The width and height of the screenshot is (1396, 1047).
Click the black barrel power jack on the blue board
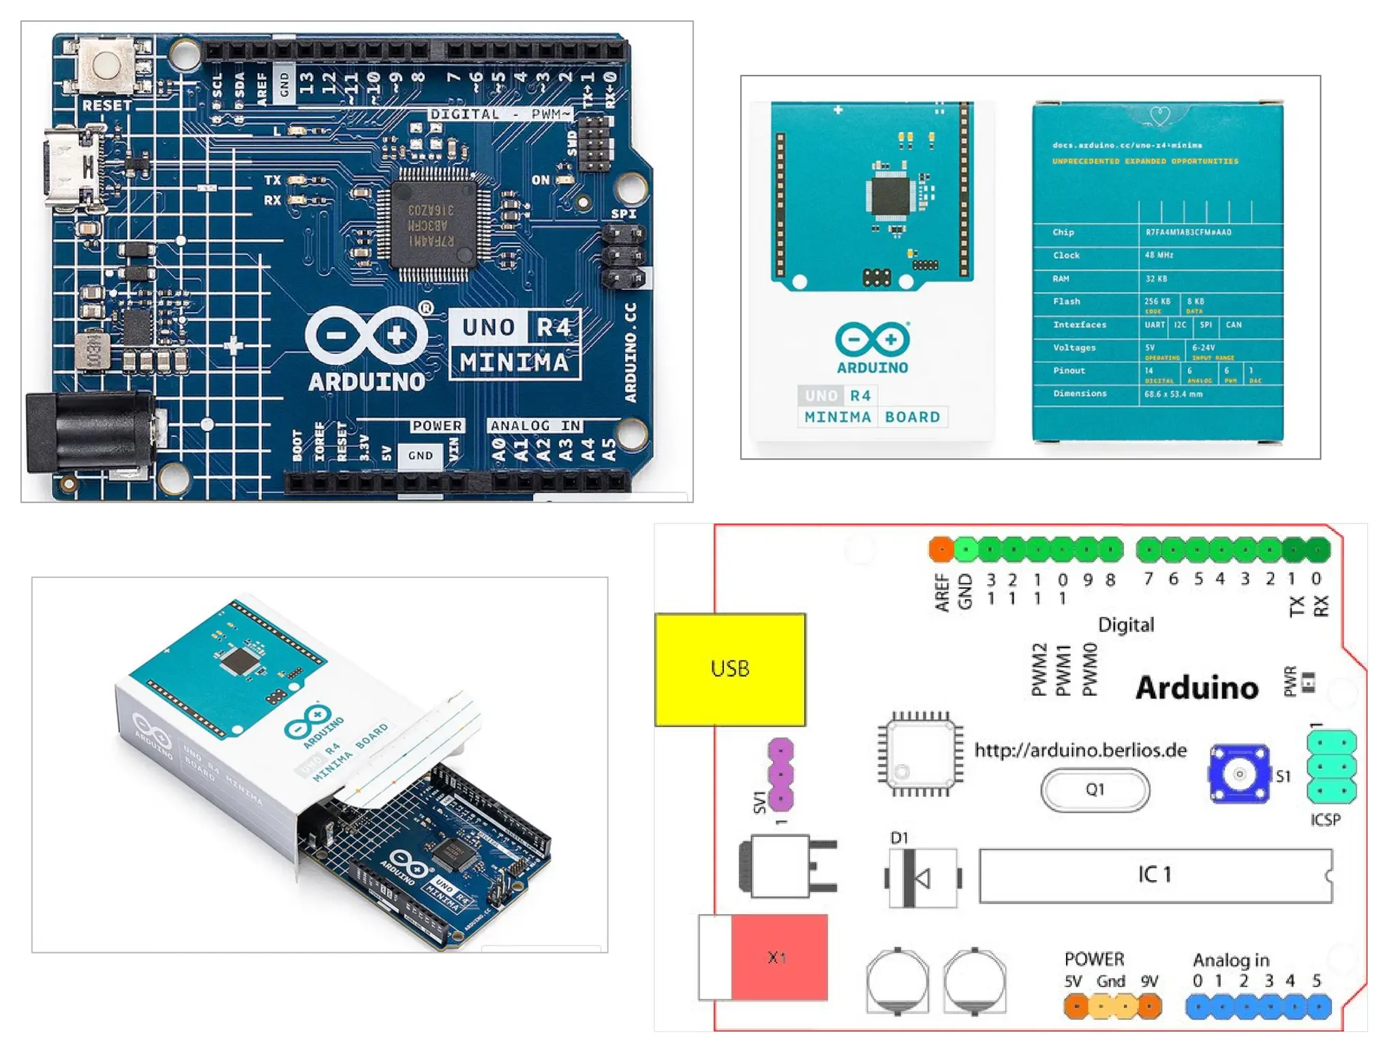click(89, 433)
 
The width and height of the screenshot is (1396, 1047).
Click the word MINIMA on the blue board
click(514, 362)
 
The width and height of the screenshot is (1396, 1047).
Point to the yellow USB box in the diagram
click(730, 669)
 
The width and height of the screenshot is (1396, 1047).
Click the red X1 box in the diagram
click(778, 957)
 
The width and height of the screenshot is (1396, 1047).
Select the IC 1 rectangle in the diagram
click(1155, 875)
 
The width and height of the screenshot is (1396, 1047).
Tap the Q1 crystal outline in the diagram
click(1095, 789)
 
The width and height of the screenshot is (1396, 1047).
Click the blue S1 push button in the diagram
click(1239, 774)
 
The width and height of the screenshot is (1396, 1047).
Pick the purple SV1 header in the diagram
click(780, 774)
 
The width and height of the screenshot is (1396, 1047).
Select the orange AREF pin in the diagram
click(941, 549)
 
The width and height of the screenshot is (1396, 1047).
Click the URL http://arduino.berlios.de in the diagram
click(1080, 750)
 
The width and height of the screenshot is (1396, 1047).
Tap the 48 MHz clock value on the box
click(1159, 255)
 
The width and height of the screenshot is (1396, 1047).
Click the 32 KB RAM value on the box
click(1156, 278)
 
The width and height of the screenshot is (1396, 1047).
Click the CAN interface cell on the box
click(1234, 324)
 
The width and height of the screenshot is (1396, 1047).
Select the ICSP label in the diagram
click(1325, 819)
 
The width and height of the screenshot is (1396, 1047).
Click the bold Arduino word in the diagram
click(1197, 688)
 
